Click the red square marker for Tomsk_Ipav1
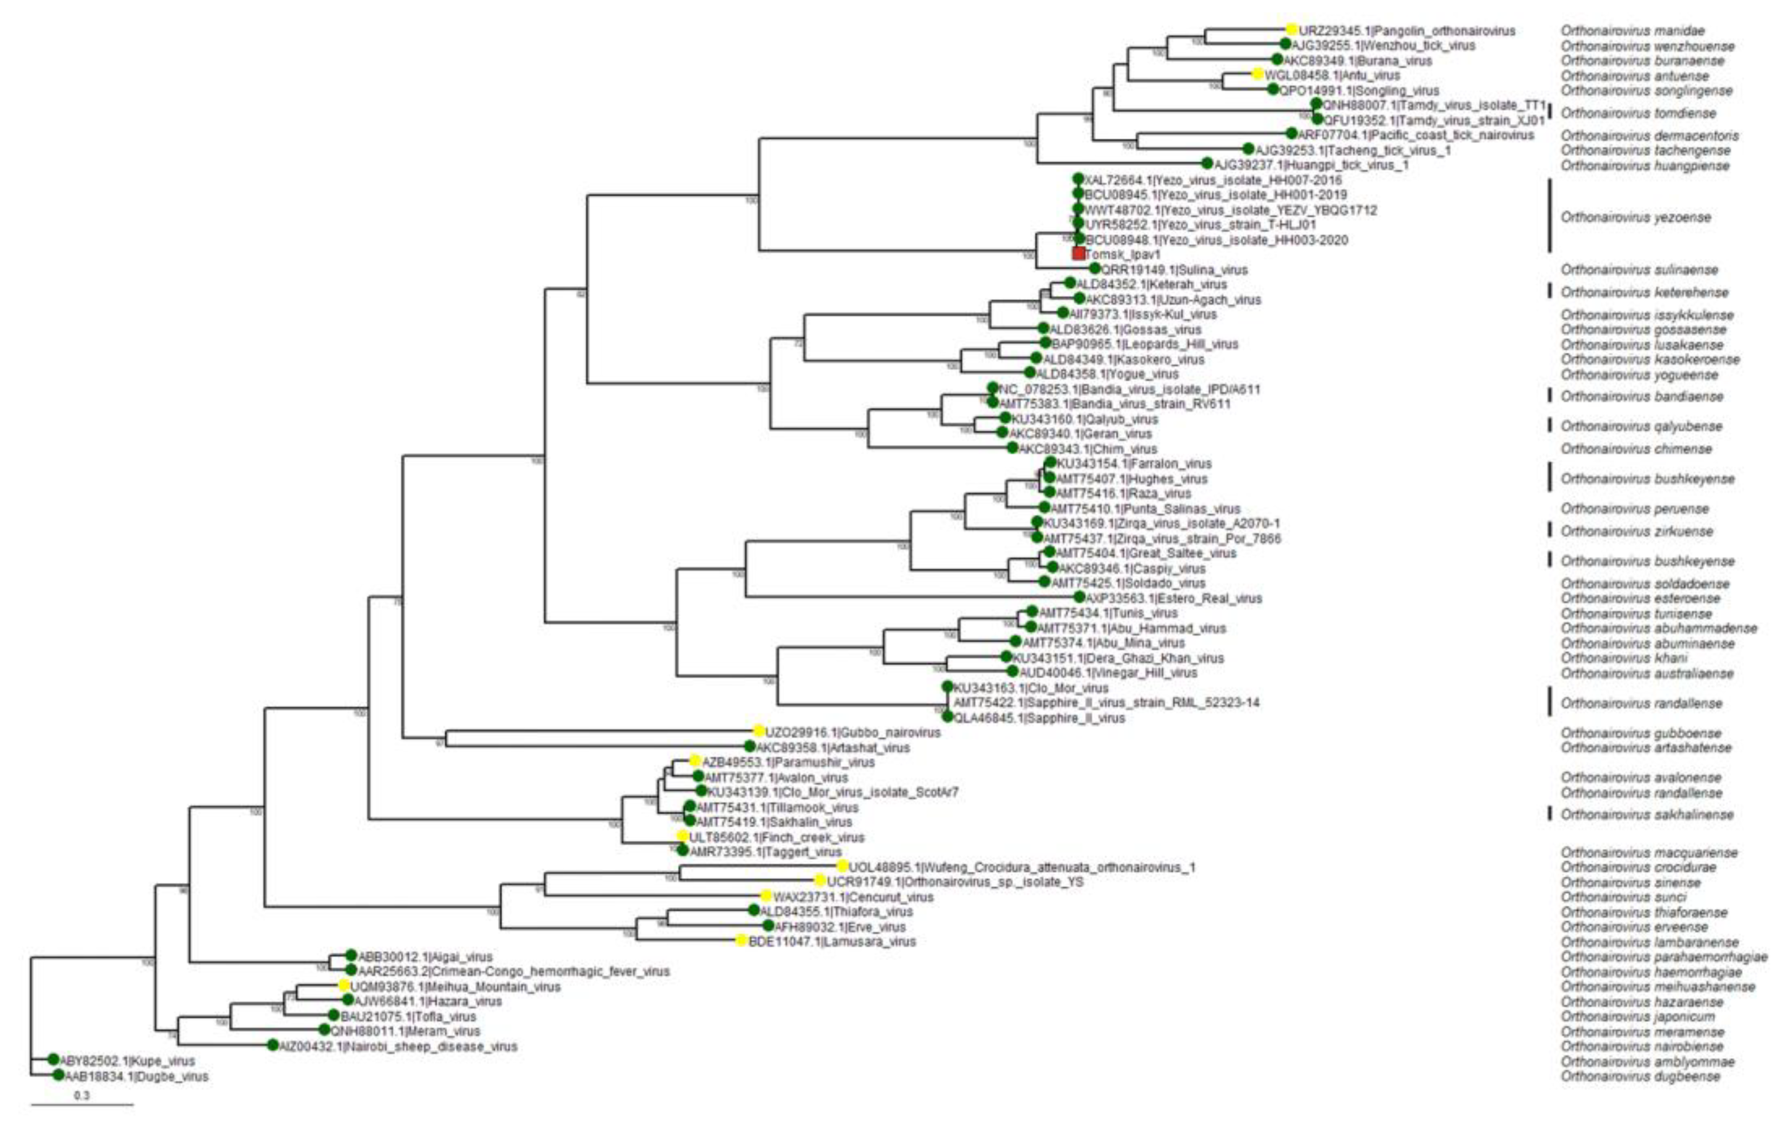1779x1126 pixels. coord(1079,253)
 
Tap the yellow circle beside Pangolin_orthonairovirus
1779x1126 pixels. coord(1291,30)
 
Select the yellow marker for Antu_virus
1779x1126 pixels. coord(1257,75)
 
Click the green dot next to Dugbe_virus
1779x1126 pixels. coord(58,1075)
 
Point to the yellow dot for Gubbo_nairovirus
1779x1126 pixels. coord(759,731)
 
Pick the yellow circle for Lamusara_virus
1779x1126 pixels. coord(742,941)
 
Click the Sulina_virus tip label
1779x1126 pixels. coord(1175,269)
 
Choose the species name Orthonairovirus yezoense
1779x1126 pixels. coord(1636,217)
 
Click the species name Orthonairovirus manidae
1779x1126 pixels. coord(1633,31)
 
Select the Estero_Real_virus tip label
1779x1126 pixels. coord(1174,598)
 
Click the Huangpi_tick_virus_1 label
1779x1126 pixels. coord(1311,165)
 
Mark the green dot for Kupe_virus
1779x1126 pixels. coord(53,1060)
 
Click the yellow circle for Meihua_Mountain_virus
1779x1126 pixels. coord(343,986)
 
